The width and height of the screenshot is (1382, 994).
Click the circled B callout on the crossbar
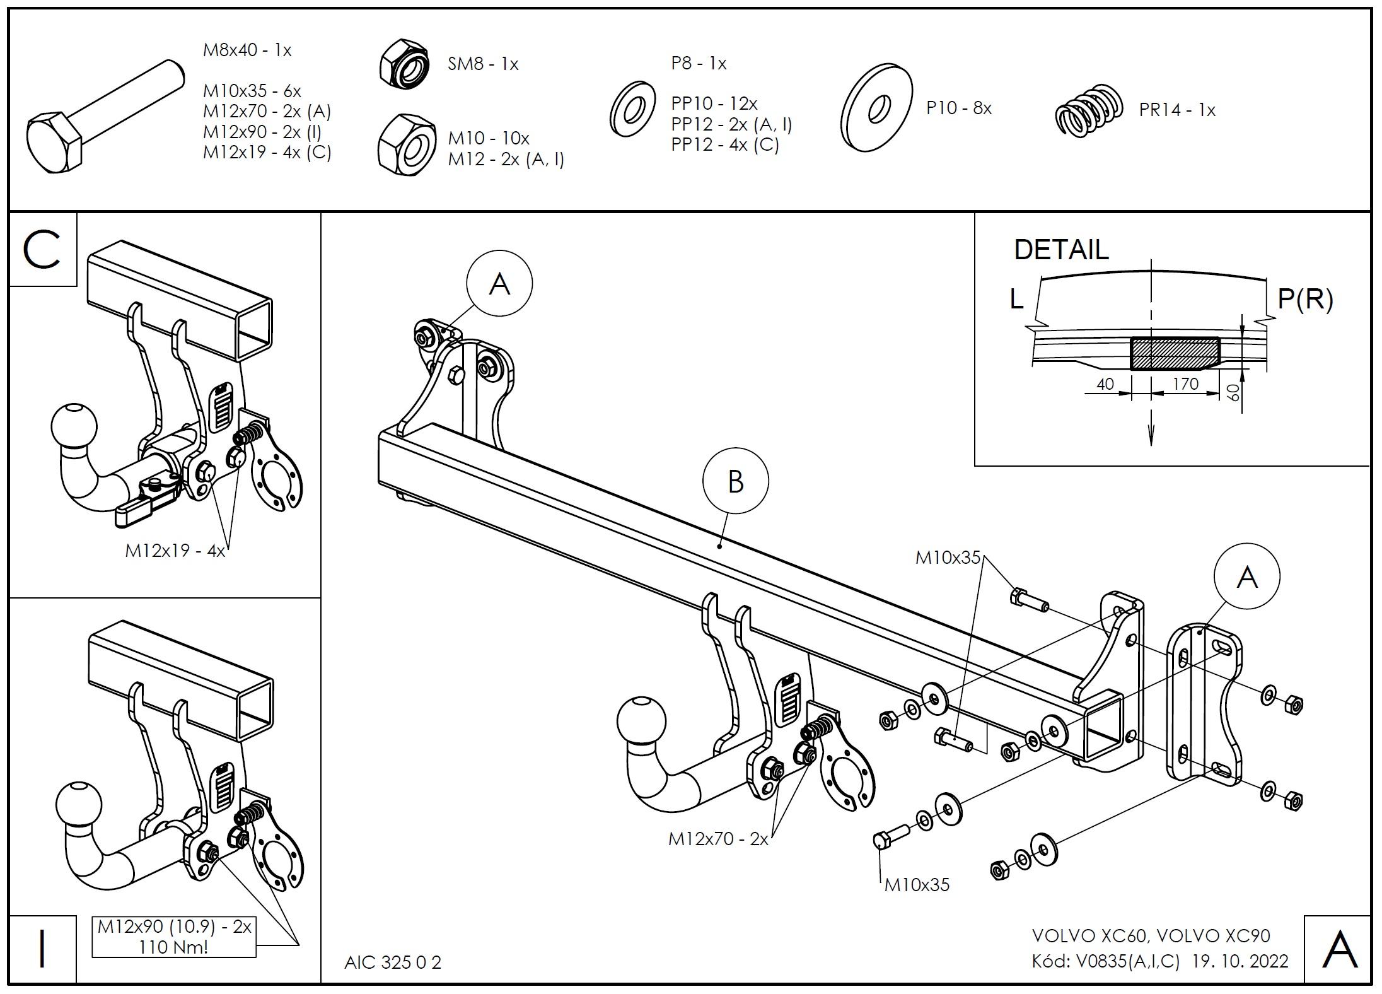coord(735,482)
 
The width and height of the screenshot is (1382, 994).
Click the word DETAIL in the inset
coord(1061,250)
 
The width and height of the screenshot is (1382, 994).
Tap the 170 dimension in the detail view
coord(1185,383)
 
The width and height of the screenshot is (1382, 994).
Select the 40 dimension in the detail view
coord(1105,383)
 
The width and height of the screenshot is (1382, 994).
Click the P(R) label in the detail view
coord(1305,299)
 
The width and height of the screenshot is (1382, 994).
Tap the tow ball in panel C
coord(74,424)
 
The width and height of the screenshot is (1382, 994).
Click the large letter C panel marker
coord(42,249)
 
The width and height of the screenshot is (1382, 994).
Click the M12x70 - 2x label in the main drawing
coord(719,839)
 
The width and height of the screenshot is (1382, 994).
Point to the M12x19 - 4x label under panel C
coord(175,551)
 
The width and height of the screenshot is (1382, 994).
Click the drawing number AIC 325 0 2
coord(393,962)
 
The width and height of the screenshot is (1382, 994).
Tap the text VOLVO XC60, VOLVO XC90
coord(1151,935)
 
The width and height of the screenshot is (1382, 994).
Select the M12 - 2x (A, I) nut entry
coord(506,160)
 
